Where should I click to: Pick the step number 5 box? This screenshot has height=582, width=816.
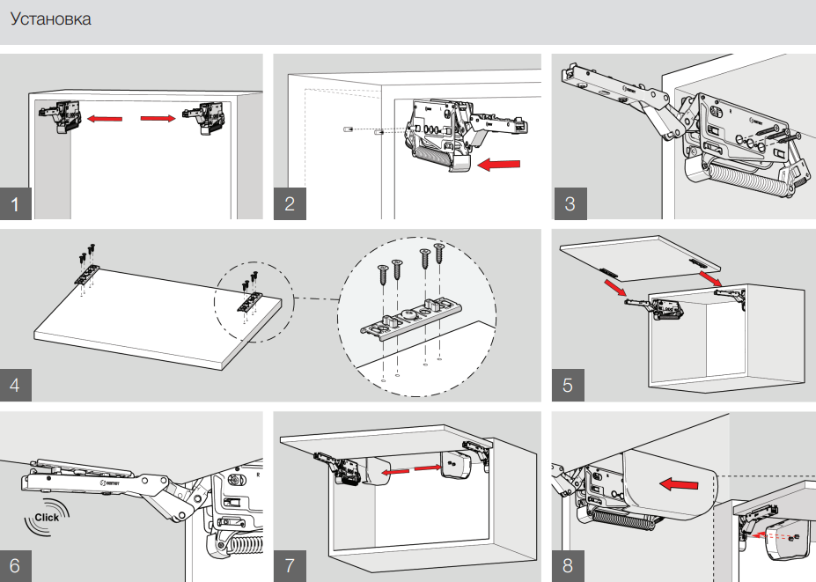coord(569,385)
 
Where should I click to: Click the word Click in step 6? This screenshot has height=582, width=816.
coord(46,517)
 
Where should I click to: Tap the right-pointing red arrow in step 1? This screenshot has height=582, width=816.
coord(158,117)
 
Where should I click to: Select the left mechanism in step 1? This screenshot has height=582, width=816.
coord(61,116)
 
